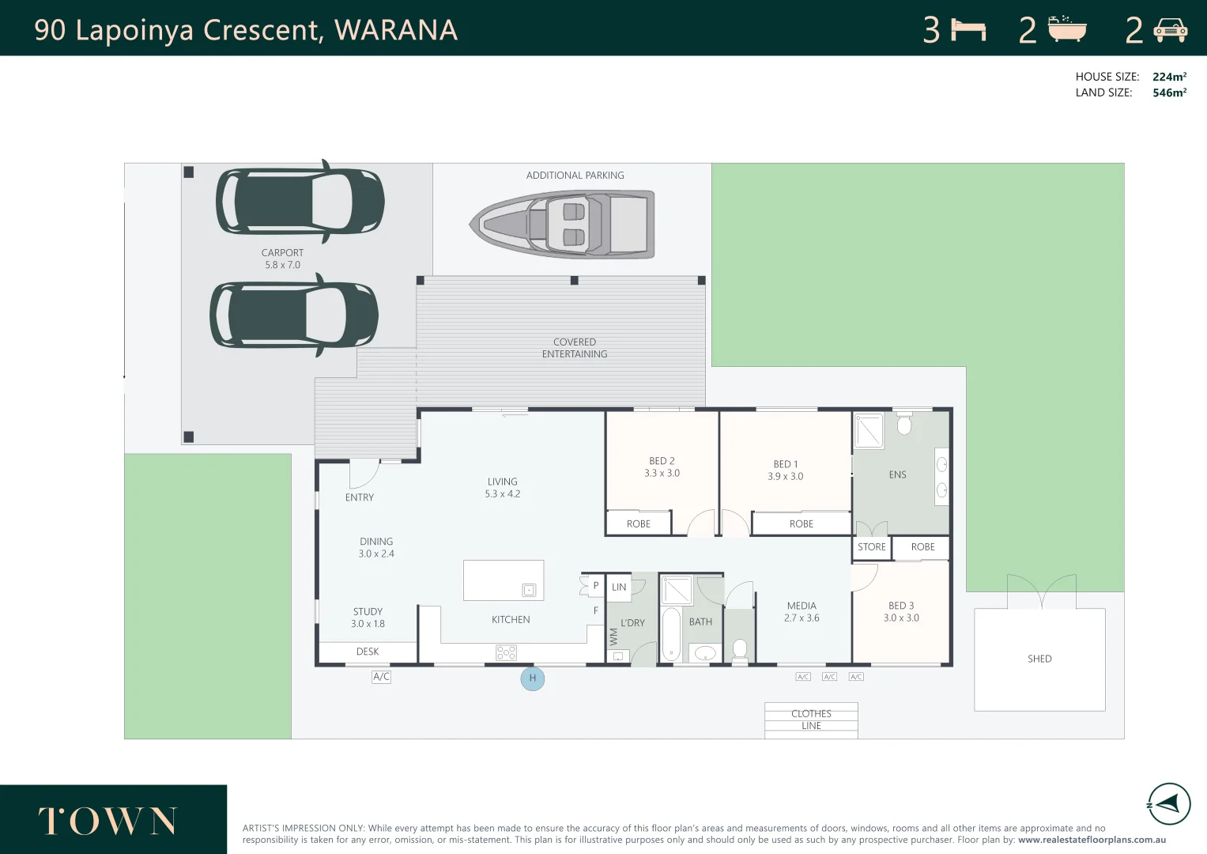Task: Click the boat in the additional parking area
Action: point(562,224)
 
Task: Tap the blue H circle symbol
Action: point(533,678)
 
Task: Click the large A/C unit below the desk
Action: point(381,677)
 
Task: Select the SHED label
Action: point(1039,659)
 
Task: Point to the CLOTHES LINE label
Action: point(811,720)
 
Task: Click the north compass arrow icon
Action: point(1168,804)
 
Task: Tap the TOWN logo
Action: point(107,821)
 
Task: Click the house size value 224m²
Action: point(1169,77)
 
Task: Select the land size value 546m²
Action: point(1169,93)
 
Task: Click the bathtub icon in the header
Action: point(1067,29)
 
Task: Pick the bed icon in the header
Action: point(968,30)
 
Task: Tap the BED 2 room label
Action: point(662,467)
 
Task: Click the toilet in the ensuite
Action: point(904,424)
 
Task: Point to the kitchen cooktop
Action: point(506,653)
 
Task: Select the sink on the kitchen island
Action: point(529,591)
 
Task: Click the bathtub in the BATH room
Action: point(671,634)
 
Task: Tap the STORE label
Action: point(871,546)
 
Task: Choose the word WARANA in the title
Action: point(396,30)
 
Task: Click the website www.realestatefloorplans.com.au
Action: point(1092,840)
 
